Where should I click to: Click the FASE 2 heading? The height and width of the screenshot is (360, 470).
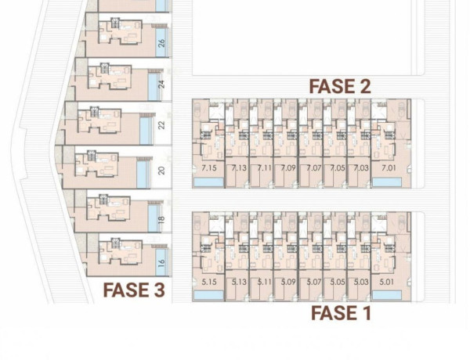[x=339, y=86]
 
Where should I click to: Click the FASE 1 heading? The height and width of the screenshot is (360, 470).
[x=341, y=313]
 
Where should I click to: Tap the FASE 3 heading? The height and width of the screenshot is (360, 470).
[x=134, y=291]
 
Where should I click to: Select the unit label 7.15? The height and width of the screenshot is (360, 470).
[x=208, y=168]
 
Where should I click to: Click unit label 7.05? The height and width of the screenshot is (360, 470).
[x=337, y=168]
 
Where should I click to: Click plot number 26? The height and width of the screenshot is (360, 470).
[x=161, y=43]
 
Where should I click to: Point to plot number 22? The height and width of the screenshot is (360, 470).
[x=161, y=125]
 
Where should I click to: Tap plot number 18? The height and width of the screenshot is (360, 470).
[x=161, y=221]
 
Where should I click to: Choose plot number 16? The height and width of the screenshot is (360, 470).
[x=161, y=264]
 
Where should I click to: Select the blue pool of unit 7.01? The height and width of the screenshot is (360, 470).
[x=385, y=182]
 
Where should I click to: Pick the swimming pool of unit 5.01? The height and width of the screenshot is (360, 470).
[x=385, y=296]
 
